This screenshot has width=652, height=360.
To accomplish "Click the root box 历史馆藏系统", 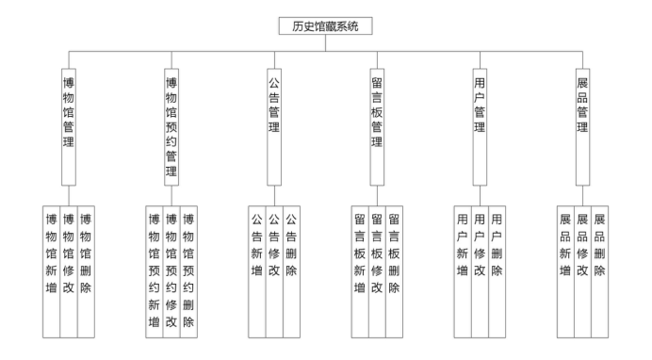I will [326, 26].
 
